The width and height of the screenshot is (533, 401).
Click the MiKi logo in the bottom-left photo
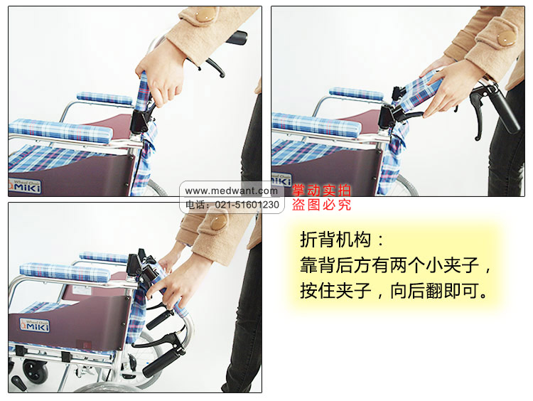point(35,325)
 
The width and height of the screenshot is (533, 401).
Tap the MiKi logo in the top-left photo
point(23,186)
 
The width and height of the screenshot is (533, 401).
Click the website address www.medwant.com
point(232,191)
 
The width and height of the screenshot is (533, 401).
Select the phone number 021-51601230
point(247,205)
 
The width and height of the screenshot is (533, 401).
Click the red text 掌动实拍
point(321,191)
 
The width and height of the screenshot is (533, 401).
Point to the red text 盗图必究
point(321,205)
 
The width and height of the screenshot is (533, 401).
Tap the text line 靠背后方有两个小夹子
point(395,265)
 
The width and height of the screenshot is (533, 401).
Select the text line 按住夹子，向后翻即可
point(394,291)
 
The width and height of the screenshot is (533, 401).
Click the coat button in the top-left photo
point(205,14)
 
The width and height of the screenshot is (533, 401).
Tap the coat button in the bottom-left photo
point(218,221)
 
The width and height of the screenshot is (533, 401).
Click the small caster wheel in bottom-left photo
point(36,370)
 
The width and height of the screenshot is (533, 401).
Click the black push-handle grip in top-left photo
point(237,38)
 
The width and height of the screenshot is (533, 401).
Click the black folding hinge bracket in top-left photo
point(140,121)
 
